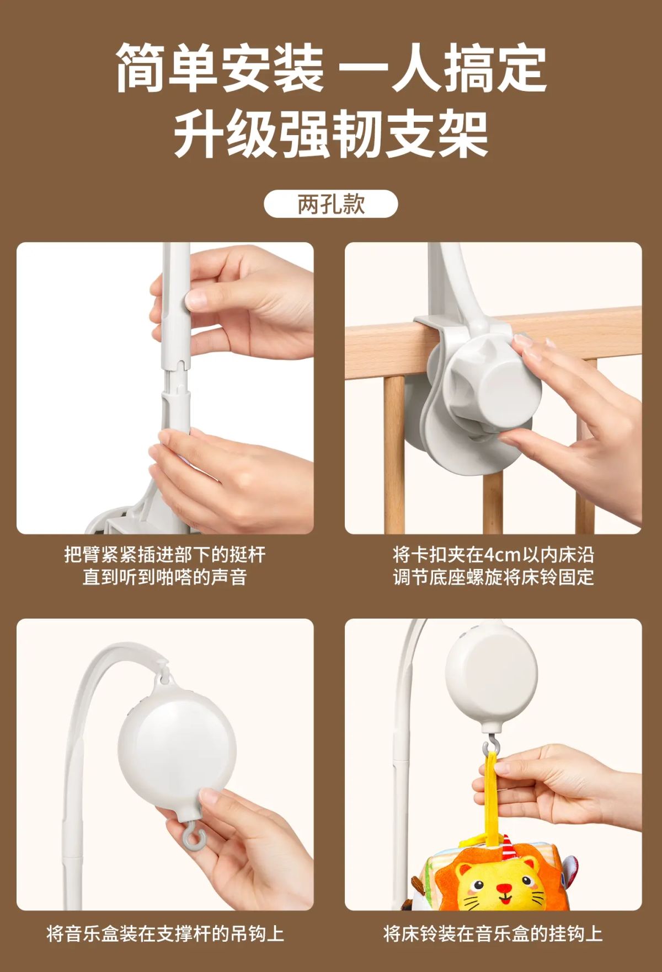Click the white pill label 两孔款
coord(331,204)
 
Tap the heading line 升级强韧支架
coord(331,135)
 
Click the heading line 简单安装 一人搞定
coord(331,68)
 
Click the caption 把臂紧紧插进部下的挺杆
coord(165,554)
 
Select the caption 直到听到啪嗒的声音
coord(165,577)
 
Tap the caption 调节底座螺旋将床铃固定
coord(494,577)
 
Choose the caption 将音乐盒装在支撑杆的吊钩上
coord(165,934)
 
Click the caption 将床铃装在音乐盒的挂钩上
coord(493,934)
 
